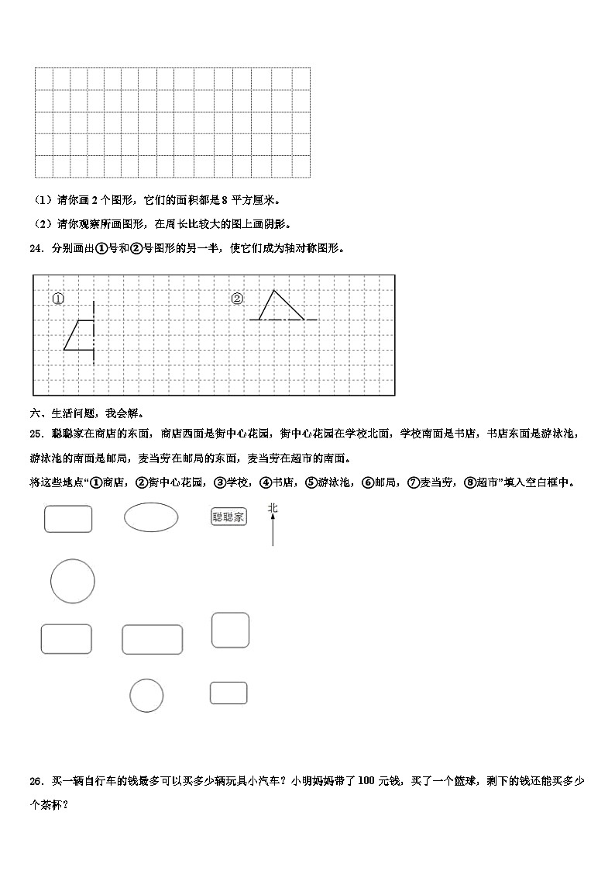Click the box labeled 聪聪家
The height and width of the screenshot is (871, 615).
coord(228,517)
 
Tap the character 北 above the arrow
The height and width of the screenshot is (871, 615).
coord(273,508)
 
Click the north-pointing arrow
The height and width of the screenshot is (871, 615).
coord(273,531)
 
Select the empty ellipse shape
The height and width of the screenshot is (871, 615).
coord(151,517)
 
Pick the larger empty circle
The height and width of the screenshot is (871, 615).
coord(73,582)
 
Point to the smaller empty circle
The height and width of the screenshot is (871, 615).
coord(146,695)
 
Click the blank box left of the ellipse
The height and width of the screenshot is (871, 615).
coord(68,519)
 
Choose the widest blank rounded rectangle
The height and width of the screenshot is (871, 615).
coord(153,639)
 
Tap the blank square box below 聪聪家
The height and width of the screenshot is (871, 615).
coord(230,630)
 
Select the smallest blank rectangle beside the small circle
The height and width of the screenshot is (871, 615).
coord(228,693)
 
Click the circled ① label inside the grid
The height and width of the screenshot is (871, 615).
coord(58,299)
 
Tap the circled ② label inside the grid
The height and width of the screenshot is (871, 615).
coord(237,299)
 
